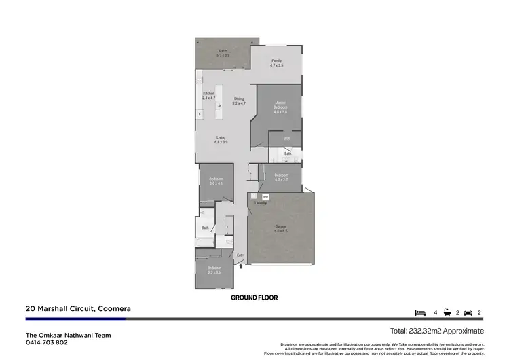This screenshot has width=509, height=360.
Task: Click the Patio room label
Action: (224, 53)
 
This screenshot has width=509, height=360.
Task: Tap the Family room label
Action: (276, 63)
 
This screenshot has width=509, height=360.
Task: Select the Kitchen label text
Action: (208, 95)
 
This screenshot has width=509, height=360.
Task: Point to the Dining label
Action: (239, 101)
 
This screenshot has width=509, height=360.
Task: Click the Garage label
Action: (281, 228)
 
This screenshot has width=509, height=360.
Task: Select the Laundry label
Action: (261, 202)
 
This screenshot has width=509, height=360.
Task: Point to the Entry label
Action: (240, 255)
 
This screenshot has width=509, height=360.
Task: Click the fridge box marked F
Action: (200, 114)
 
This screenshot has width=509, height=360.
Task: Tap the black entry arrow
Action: (240, 267)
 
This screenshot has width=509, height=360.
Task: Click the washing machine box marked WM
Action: (265, 197)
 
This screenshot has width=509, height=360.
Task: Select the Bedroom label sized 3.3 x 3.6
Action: (214, 270)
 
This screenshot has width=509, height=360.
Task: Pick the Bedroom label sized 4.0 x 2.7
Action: (281, 177)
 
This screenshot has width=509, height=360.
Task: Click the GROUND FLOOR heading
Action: (254, 298)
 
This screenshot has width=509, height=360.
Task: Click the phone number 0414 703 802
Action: (47, 342)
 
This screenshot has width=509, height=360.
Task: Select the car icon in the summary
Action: (468, 313)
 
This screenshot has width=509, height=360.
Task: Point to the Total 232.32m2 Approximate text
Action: (437, 331)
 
